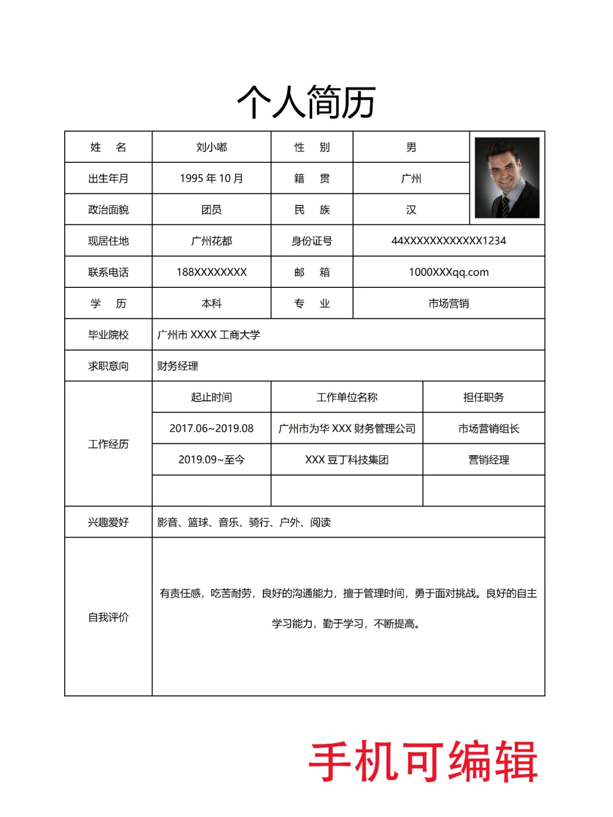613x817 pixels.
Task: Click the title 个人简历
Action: click(x=306, y=102)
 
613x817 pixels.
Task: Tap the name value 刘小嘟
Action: click(x=211, y=148)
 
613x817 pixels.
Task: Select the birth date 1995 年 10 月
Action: click(x=211, y=178)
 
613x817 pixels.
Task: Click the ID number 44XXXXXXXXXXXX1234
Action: click(x=448, y=241)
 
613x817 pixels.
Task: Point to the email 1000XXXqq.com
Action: click(x=448, y=272)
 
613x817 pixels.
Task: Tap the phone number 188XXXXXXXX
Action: click(x=211, y=272)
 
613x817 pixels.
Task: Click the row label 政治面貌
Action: click(x=108, y=210)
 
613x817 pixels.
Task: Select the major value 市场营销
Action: click(x=448, y=303)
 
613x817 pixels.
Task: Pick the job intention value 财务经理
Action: click(x=178, y=366)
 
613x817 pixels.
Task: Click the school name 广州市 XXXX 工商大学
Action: click(x=208, y=334)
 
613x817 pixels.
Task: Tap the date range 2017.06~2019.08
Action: click(x=211, y=428)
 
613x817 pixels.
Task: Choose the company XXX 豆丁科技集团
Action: click(x=347, y=459)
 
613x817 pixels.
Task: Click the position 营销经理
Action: click(x=488, y=459)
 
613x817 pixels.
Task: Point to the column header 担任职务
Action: click(x=484, y=397)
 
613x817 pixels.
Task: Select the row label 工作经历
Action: click(x=108, y=444)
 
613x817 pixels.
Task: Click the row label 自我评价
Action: click(x=108, y=617)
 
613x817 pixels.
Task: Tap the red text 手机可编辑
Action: click(x=423, y=762)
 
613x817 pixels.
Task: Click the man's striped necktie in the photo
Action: click(x=505, y=206)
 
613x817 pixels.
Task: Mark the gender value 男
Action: click(x=411, y=148)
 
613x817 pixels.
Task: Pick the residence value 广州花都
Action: click(x=211, y=241)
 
